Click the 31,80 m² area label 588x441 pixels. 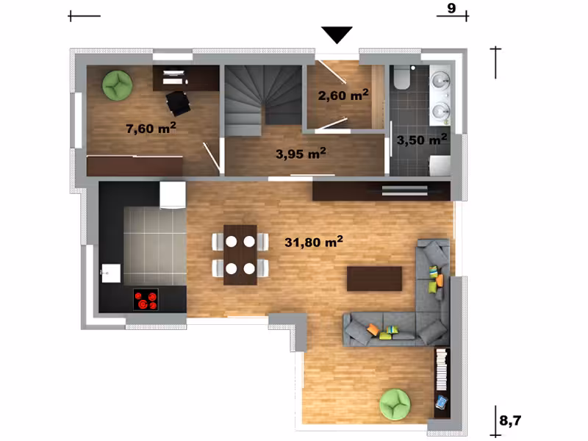coord(314,242)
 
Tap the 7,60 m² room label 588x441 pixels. coord(151,128)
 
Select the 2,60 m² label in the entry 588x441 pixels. coord(343,95)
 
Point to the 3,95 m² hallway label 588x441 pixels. coord(301,154)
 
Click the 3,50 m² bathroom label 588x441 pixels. coord(422,140)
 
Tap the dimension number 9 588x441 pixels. coord(451,8)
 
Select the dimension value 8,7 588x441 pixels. coord(510,420)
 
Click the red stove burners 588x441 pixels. coord(146,300)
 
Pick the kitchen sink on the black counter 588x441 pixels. coord(111,273)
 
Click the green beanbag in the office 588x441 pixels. coord(118,85)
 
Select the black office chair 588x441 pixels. coord(178,103)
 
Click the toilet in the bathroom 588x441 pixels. coord(402,78)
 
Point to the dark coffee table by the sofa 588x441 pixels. coord(374,279)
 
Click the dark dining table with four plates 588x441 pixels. coord(240,255)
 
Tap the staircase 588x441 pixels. coord(263,100)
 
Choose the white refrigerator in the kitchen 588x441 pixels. coord(173,195)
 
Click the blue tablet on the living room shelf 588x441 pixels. coord(442,402)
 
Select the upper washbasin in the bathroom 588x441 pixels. coord(440,80)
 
